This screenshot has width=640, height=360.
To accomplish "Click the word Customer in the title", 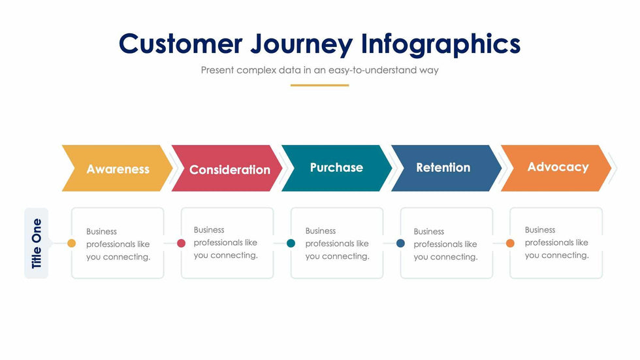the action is pos(180,44).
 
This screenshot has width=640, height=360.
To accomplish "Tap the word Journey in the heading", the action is pos(302,45).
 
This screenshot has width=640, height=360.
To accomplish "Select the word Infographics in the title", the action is pos(441,45).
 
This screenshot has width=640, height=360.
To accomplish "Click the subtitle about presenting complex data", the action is pos(319,70).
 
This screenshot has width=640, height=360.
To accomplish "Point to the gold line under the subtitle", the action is pos(319,86).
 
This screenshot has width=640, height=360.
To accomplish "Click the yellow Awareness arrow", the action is pos(118,168).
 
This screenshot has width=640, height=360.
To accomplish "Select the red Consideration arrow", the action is pos(227,168).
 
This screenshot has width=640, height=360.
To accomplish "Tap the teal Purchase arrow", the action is pos(337,168).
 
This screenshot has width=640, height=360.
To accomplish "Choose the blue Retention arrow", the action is pos(447,168).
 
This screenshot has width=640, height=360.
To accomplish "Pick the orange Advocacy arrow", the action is pos(556,168).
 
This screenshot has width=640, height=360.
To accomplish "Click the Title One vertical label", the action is pos(37,243).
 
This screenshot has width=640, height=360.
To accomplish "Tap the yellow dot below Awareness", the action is pos(71,243).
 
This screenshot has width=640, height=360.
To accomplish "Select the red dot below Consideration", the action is pos(182,243).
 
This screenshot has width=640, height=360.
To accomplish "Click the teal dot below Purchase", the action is pos(291,243).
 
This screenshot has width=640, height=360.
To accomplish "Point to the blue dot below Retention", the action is pos(401,243).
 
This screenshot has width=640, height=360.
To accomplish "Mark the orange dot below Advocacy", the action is pos(510,243).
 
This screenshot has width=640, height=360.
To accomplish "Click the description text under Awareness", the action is pos(118,244).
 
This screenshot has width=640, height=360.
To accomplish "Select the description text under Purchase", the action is pos(338,243).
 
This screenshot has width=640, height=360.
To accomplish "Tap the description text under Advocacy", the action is pos(556,242).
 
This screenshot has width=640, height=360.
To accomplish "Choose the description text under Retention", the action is pos(445,244).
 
